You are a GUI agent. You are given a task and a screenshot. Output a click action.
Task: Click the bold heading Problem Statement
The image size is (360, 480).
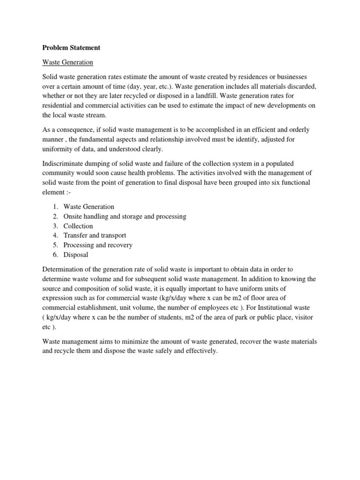pyautogui.click(x=71, y=48)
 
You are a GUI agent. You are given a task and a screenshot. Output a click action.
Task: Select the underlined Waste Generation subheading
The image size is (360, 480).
pyautogui.click(x=68, y=62)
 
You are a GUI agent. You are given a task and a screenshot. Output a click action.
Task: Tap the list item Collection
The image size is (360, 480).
pyautogui.click(x=78, y=226)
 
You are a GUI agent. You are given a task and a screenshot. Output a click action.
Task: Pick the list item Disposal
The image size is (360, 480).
pyautogui.click(x=76, y=255)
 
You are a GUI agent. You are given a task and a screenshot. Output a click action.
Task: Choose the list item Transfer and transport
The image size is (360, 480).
pyautogui.click(x=95, y=235)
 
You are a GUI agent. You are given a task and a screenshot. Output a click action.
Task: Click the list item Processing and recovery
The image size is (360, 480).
pyautogui.click(x=98, y=245)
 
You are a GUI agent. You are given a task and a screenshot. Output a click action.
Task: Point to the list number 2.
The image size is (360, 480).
pyautogui.click(x=55, y=216)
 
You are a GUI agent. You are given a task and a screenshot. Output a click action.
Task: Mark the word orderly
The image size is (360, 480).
pyautogui.click(x=297, y=129)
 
